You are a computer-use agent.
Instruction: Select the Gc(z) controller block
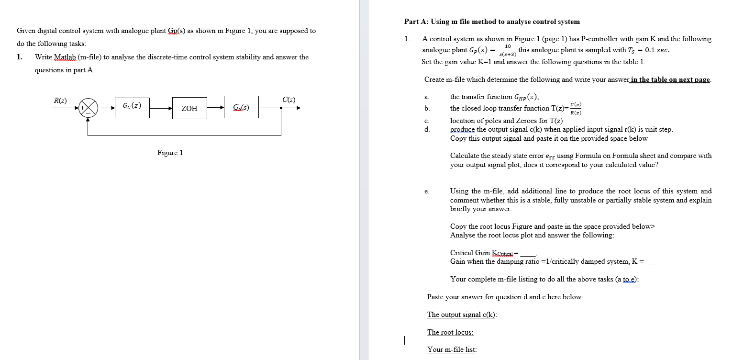132,108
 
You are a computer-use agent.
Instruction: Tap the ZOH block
189,108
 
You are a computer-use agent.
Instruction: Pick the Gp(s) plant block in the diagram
241,107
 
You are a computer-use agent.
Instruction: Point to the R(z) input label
60,101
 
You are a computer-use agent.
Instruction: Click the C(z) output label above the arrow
289,100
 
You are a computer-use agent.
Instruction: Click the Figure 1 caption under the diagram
170,153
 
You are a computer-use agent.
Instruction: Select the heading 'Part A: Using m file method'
492,22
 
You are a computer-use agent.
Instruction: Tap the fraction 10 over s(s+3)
508,50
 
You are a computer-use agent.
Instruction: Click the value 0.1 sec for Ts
657,50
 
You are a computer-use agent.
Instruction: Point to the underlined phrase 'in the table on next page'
670,79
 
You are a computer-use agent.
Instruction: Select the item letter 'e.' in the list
427,191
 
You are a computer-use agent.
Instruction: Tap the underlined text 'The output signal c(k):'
462,315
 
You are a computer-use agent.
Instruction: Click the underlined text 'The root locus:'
450,332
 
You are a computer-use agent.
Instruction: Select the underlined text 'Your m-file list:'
452,349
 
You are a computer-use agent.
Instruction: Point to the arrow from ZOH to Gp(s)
215,107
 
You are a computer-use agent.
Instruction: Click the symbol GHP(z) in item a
526,97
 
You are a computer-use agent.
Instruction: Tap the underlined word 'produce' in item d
462,130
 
